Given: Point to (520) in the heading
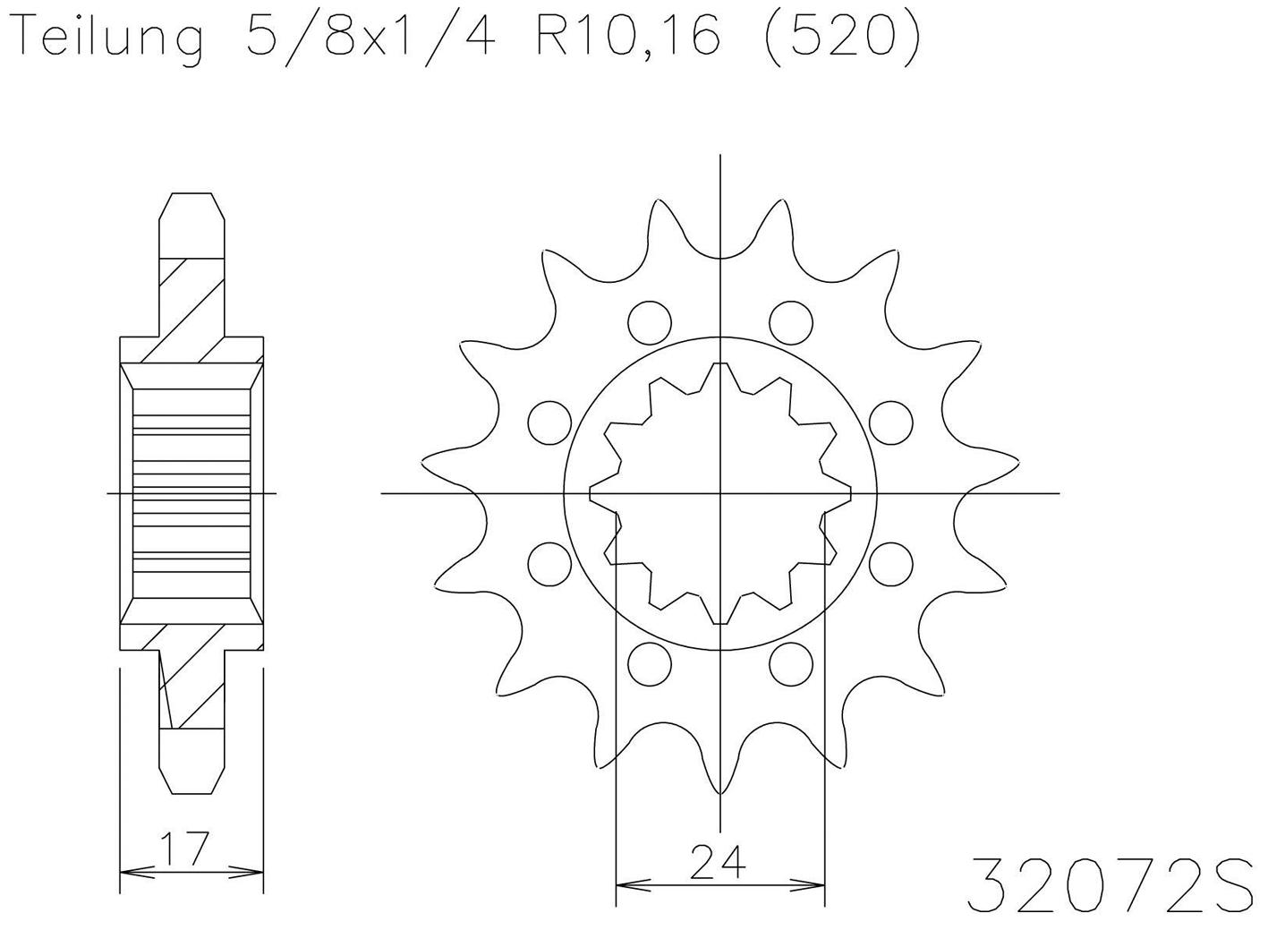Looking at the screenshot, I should click(x=838, y=40).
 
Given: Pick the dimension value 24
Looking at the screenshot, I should click(x=719, y=863).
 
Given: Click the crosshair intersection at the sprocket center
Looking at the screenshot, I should click(x=720, y=492).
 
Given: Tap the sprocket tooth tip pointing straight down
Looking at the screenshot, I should click(x=720, y=792).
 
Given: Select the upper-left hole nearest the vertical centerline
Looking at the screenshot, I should click(x=650, y=322).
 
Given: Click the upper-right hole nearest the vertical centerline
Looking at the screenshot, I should click(x=790, y=322).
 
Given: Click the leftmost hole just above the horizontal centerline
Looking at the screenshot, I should click(x=549, y=422).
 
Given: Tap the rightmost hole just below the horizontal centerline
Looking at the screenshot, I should click(x=890, y=562).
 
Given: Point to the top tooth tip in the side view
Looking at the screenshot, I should click(x=191, y=193).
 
